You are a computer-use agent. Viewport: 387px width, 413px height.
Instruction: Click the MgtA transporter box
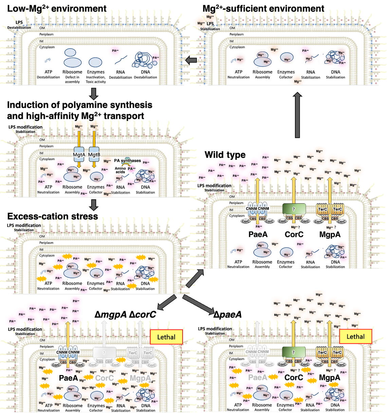pos(79,155)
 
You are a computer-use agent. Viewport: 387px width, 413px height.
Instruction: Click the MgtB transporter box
pos(94,155)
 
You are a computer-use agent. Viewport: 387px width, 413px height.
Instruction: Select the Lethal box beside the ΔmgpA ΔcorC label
pos(166,337)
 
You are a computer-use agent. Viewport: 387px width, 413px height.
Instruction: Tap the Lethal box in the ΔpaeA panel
pos(355,337)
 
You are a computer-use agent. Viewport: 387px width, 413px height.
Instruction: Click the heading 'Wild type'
pos(225,155)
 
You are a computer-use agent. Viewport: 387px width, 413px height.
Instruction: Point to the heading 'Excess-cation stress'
pos(53,217)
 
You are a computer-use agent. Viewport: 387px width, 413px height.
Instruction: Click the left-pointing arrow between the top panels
pos(191,60)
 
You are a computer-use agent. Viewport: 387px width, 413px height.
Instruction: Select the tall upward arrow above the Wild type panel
pos(297,115)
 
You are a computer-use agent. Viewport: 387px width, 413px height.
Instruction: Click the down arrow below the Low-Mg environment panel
pos(94,93)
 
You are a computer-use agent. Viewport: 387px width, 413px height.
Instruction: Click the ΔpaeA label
pos(227,315)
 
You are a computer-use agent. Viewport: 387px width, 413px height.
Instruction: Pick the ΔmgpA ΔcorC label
pos(125,315)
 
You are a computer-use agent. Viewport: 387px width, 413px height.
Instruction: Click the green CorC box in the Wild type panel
pos(294,209)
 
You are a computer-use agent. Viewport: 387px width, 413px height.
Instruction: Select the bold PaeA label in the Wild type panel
pos(258,234)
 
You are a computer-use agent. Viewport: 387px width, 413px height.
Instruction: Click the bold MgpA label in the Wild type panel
pos(330,234)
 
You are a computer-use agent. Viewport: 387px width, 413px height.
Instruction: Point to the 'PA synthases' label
pos(127,161)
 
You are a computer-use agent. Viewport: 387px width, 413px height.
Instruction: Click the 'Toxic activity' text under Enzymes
pos(96,82)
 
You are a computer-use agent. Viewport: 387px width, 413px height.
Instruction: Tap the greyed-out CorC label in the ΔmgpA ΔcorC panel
pos(104,378)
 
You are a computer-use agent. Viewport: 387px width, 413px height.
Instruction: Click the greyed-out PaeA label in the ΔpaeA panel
pos(258,378)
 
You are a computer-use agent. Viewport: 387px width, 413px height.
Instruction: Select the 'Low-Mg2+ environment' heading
pos(57,8)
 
